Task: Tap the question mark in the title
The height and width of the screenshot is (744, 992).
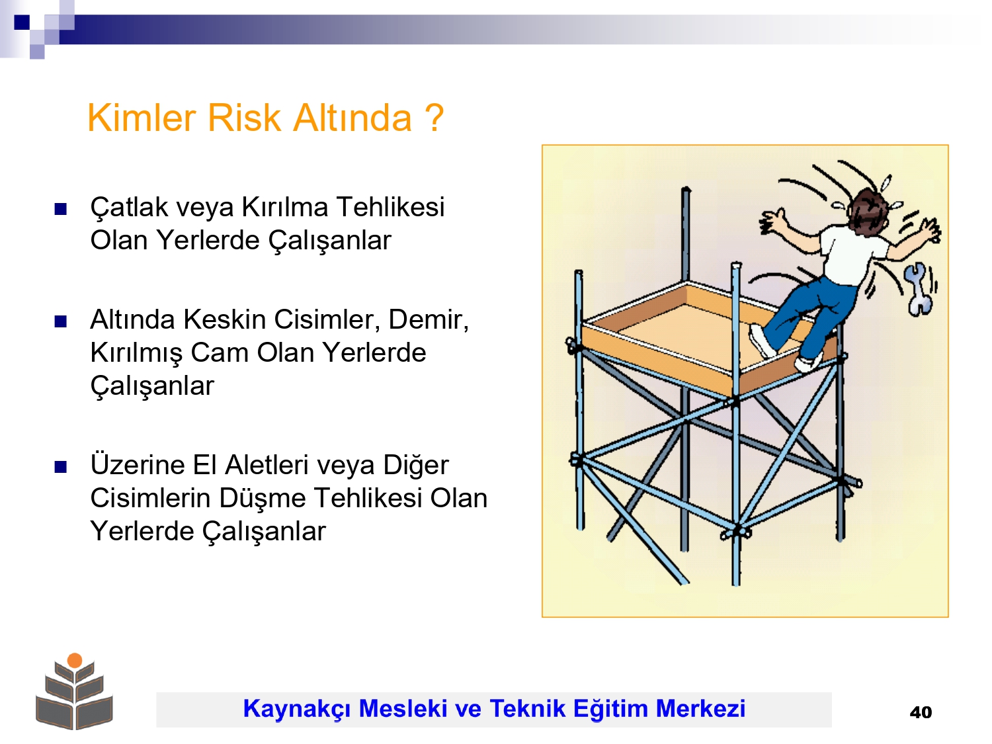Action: coord(434,118)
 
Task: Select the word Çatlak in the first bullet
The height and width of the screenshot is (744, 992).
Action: coord(129,208)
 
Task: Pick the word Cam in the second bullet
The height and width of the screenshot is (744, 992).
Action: coord(220,352)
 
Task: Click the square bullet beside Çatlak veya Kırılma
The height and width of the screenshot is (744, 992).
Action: coord(61,209)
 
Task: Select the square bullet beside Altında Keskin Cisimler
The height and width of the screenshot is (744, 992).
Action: coord(61,321)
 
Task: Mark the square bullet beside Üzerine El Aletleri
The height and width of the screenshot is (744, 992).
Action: coord(61,467)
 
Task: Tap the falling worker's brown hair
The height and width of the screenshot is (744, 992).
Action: coord(868,210)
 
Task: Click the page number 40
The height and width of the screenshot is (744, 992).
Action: coord(921,712)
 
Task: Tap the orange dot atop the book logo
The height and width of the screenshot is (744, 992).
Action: coord(75,661)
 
